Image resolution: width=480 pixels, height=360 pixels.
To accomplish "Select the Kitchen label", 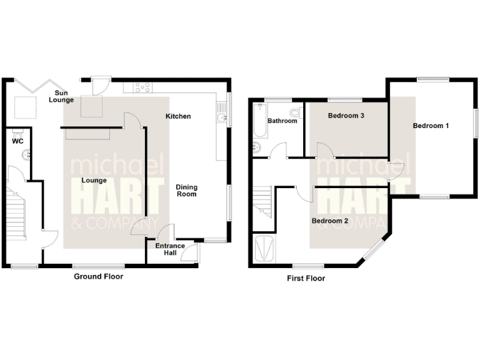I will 178,116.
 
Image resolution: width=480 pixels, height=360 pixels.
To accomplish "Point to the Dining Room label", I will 186,190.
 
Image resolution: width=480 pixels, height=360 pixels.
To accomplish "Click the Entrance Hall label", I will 170,249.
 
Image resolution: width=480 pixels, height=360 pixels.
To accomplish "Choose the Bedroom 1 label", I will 431,126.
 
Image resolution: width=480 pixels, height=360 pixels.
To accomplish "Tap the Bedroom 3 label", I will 346,116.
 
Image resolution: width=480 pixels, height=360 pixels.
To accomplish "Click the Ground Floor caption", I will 99,276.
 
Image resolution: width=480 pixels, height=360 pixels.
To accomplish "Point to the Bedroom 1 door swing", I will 395,170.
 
